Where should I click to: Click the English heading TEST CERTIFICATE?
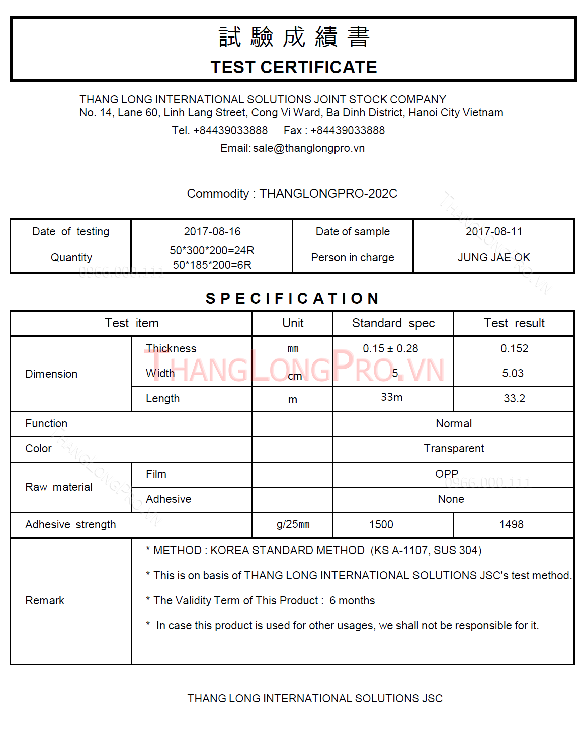click(293, 67)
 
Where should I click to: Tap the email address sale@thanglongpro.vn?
click(309, 148)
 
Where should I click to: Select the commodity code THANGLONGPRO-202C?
click(328, 194)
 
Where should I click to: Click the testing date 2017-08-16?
click(212, 232)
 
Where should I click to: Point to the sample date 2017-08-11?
click(493, 232)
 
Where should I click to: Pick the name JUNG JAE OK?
click(493, 258)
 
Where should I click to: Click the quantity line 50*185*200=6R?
click(212, 265)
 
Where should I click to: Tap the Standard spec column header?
click(393, 323)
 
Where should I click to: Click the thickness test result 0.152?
click(514, 349)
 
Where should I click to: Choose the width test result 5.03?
click(513, 374)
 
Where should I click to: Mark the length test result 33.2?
click(514, 399)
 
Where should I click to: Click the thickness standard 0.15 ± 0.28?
click(390, 349)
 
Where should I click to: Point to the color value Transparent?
click(454, 449)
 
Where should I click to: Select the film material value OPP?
click(447, 474)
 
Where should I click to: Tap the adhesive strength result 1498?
click(511, 525)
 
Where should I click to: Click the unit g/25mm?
click(293, 525)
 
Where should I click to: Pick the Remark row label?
click(45, 601)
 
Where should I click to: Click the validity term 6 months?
click(352, 601)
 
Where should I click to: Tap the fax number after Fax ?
click(347, 131)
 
